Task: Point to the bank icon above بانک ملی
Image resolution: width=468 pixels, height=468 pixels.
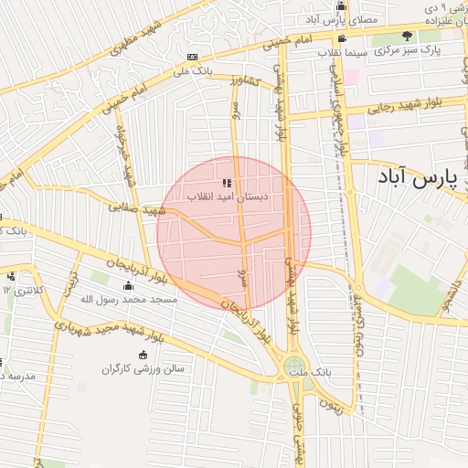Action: point(192,57)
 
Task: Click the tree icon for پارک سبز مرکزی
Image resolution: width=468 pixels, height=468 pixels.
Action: point(407,37)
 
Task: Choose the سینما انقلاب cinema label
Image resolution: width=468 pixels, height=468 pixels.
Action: point(343,52)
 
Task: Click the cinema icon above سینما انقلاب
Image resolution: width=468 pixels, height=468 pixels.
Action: point(342,38)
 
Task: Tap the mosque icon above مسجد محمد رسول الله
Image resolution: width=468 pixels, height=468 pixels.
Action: point(128,285)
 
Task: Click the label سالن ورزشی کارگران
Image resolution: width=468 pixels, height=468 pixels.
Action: point(143,368)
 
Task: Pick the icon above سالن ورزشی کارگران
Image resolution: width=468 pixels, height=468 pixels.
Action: point(143,355)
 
